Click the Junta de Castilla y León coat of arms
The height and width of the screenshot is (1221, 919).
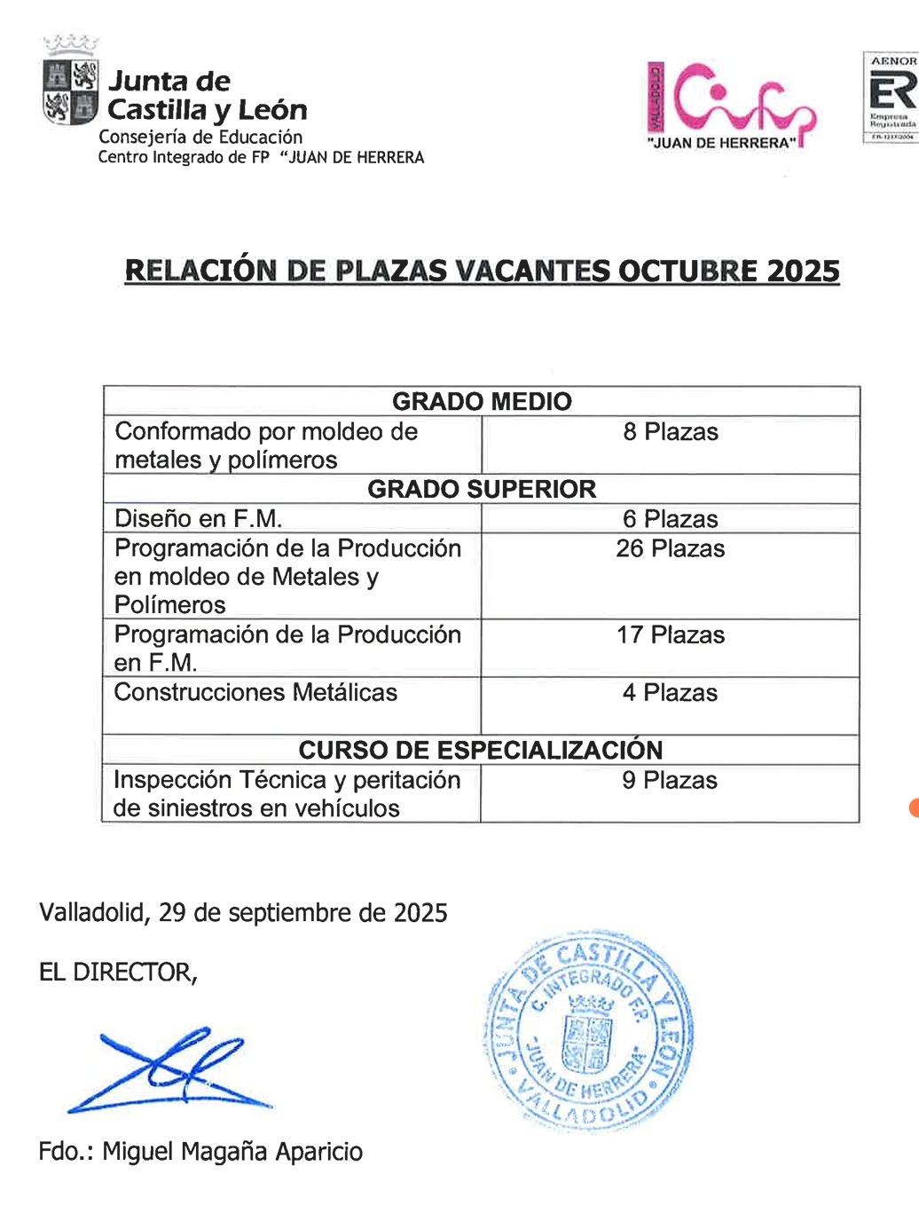click(x=70, y=89)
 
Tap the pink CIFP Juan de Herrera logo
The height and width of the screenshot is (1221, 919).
click(x=732, y=105)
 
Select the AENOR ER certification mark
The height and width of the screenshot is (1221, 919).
click(x=891, y=97)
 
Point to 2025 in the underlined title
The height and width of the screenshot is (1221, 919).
click(x=803, y=271)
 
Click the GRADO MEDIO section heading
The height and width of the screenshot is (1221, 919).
click(x=482, y=401)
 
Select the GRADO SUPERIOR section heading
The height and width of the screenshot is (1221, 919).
click(x=482, y=489)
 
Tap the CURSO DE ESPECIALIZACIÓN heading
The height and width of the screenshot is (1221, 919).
click(x=480, y=750)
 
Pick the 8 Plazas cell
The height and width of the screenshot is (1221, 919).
click(x=671, y=432)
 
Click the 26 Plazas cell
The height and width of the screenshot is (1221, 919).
click(x=671, y=548)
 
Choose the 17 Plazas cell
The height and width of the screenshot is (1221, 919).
click(x=671, y=635)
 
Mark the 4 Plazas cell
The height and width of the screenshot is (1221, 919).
click(x=670, y=693)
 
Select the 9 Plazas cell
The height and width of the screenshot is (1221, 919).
click(x=670, y=780)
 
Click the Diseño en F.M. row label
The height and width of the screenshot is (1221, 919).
click(x=199, y=518)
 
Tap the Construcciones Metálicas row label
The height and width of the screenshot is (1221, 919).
click(x=255, y=692)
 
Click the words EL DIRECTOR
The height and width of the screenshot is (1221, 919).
click(x=117, y=973)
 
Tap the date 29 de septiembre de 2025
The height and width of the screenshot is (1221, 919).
click(x=302, y=913)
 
